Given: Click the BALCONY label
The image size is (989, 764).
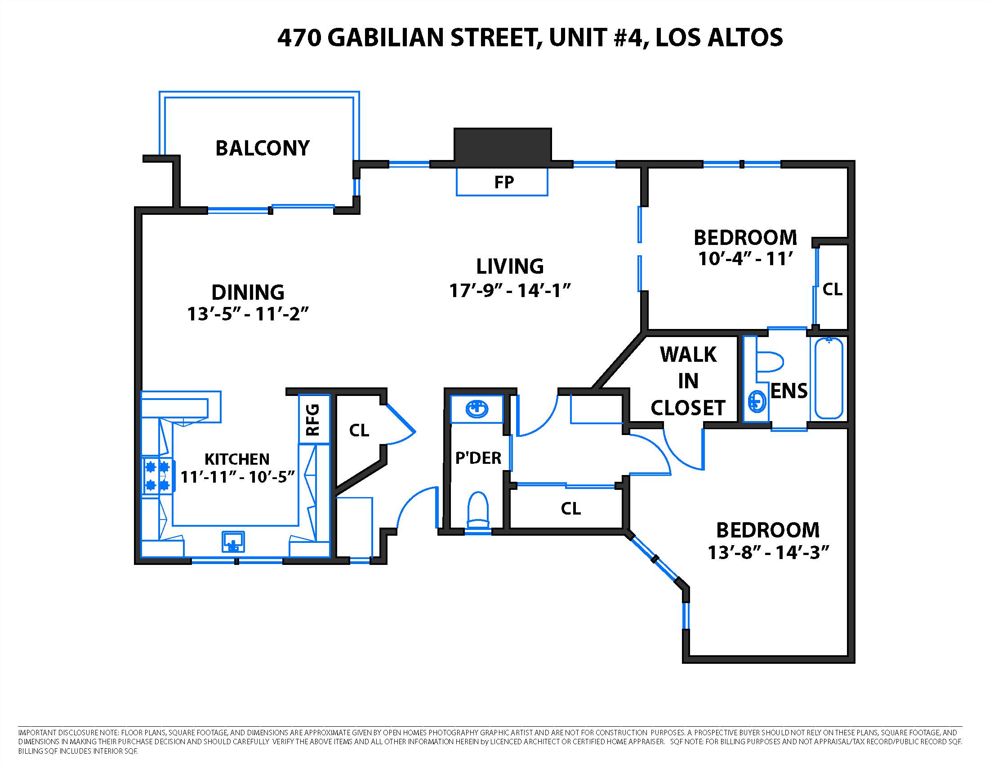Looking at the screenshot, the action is [262, 148].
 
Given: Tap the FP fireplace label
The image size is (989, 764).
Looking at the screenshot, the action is [503, 182].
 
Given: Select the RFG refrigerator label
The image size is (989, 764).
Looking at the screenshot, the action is [313, 420].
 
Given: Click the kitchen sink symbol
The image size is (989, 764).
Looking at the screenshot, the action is [233, 542].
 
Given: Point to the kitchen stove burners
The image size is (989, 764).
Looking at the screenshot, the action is [157, 475].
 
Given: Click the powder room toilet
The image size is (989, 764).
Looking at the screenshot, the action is [478, 510].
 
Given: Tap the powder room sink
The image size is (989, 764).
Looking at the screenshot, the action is [477, 409].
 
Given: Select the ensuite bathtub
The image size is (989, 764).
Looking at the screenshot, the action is [829, 378].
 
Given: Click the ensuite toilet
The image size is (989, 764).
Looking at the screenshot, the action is [770, 362].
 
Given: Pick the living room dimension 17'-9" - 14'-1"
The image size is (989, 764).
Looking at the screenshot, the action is [509, 291].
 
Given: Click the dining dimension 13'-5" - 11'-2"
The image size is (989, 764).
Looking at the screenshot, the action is [248, 314].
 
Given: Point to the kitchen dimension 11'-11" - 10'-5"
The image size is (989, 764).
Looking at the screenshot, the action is [237, 476].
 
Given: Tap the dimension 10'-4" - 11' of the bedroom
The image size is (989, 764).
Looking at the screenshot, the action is [745, 259].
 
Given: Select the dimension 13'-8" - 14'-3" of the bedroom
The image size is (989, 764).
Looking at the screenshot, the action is [768, 552].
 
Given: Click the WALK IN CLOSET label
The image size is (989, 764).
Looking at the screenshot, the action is [688, 381].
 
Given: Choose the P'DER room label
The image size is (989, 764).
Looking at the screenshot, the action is [478, 458].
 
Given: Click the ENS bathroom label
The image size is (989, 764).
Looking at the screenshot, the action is [789, 391].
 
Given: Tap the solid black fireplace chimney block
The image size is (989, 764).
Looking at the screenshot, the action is [503, 144].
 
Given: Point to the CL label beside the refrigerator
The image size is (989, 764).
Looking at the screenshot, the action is [359, 431].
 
